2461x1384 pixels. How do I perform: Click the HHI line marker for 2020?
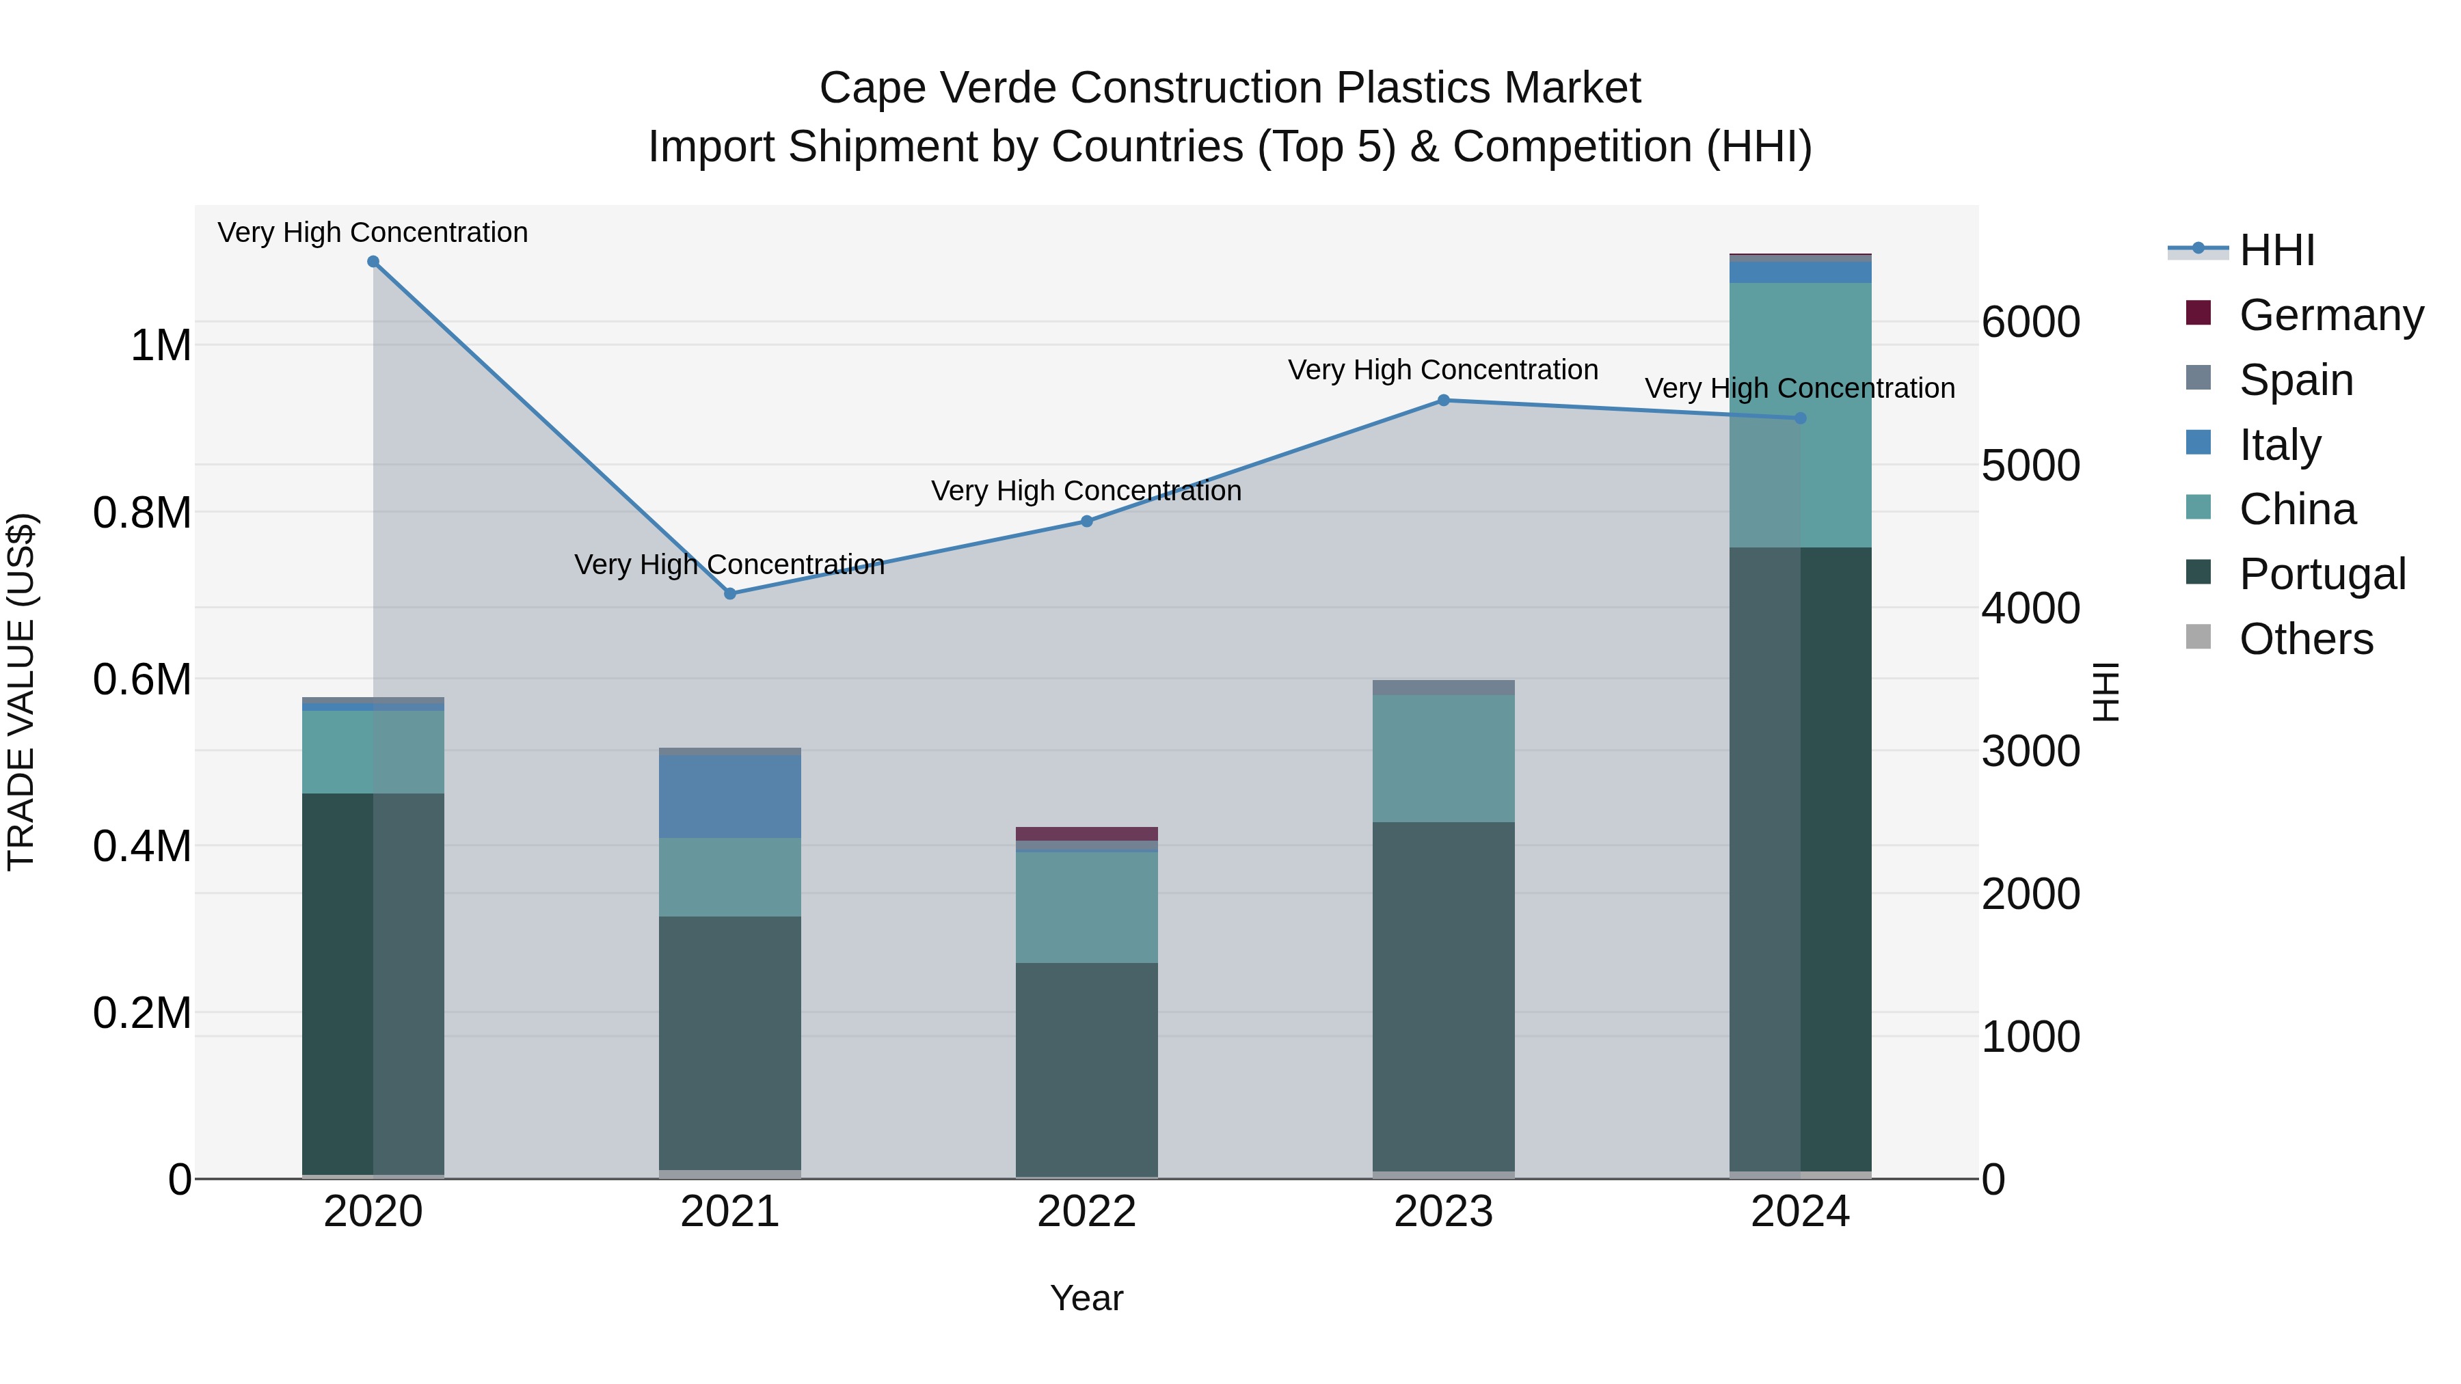pyautogui.click(x=373, y=262)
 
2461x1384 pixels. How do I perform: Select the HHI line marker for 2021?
pyautogui.click(x=730, y=593)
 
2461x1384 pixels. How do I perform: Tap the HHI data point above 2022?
pyautogui.click(x=1086, y=521)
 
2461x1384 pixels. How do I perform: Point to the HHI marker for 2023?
pyautogui.click(x=1444, y=401)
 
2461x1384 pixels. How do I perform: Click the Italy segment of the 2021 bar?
pyautogui.click(x=730, y=796)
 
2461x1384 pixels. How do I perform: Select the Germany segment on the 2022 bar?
pyautogui.click(x=1086, y=834)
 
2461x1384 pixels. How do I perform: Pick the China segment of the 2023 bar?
pyautogui.click(x=1444, y=759)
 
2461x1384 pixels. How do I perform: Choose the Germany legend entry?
pyautogui.click(x=2330, y=315)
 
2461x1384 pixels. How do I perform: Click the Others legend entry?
pyautogui.click(x=2305, y=639)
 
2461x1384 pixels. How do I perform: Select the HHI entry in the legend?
pyautogui.click(x=2276, y=250)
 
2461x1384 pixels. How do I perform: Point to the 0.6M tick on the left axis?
pyautogui.click(x=142, y=680)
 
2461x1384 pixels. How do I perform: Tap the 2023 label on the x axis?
pyautogui.click(x=1444, y=1212)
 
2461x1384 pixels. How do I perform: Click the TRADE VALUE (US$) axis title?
pyautogui.click(x=22, y=692)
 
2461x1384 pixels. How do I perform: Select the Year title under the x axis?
pyautogui.click(x=1086, y=1298)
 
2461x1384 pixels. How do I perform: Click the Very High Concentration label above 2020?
pyautogui.click(x=373, y=232)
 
